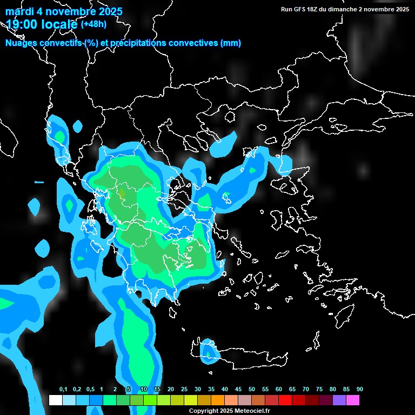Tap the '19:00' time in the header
pos(22,24)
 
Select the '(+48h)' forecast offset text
pos(93,24)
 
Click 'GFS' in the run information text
pos(299,9)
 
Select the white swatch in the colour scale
pos(55,400)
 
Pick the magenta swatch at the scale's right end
pos(352,400)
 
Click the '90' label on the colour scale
pos(359,390)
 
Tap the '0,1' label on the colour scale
pos(63,390)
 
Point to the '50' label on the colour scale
pos(252,390)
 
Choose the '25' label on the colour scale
pos(184,390)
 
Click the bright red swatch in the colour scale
pos(285,400)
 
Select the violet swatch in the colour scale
pos(339,400)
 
